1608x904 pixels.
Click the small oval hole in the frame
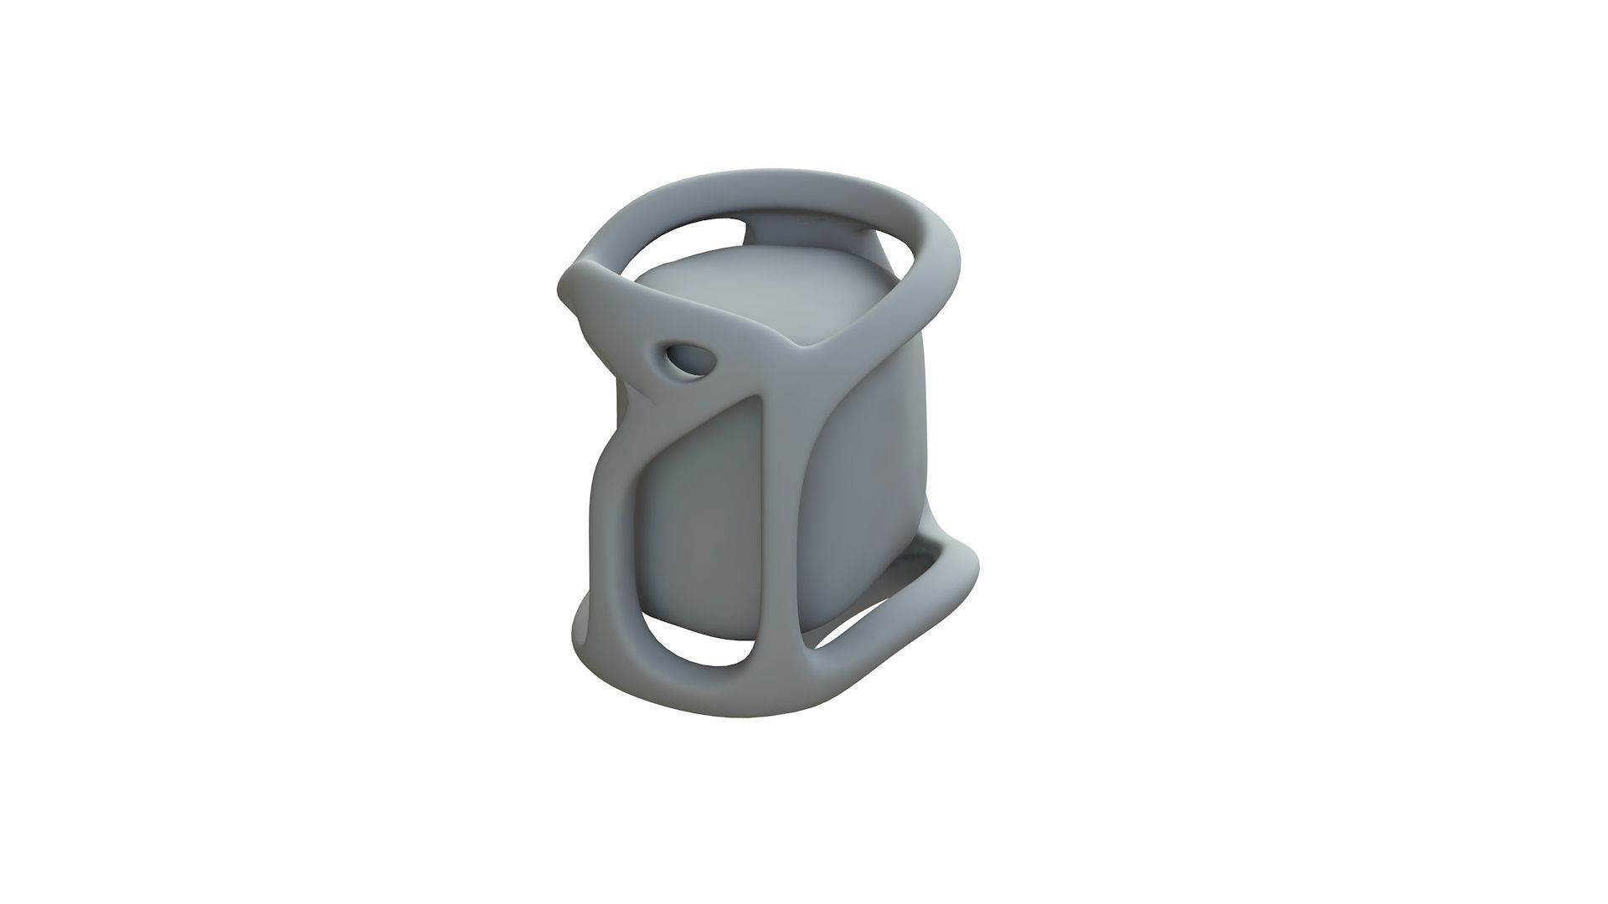coord(688,360)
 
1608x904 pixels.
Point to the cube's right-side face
coord(863,469)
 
